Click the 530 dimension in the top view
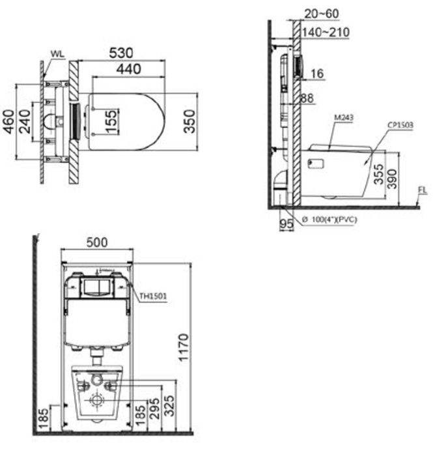point(121,53)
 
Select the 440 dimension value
point(128,69)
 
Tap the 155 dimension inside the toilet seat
point(111,122)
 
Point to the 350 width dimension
point(189,121)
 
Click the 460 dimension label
point(8,122)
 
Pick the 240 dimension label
point(24,122)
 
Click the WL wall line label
point(57,54)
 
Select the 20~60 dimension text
point(321,14)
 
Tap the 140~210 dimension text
point(326,33)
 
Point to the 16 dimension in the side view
point(317,74)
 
